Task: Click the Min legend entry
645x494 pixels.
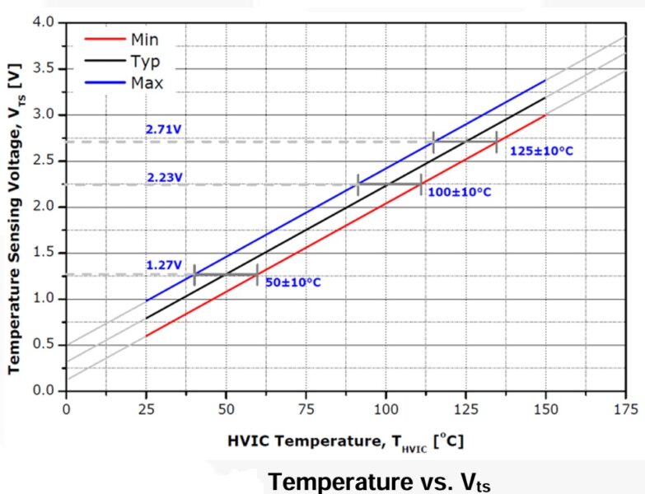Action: [x=144, y=40]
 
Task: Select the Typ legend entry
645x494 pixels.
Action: [x=144, y=61]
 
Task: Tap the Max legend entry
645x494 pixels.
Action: [x=146, y=83]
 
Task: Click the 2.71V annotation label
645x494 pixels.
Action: [x=165, y=130]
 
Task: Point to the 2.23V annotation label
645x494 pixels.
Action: [x=165, y=176]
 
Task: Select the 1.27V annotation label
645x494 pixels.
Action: [x=165, y=265]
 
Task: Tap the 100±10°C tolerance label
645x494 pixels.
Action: [x=460, y=192]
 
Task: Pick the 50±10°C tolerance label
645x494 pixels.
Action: [x=292, y=282]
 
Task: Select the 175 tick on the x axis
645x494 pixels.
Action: [x=625, y=407]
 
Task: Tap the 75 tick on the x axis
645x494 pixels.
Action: [x=305, y=407]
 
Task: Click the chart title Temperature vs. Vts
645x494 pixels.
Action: [x=379, y=480]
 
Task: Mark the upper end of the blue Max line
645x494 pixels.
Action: [x=545, y=79]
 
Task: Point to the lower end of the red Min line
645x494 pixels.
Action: [x=146, y=336]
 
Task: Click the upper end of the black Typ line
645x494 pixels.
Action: [x=545, y=97]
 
